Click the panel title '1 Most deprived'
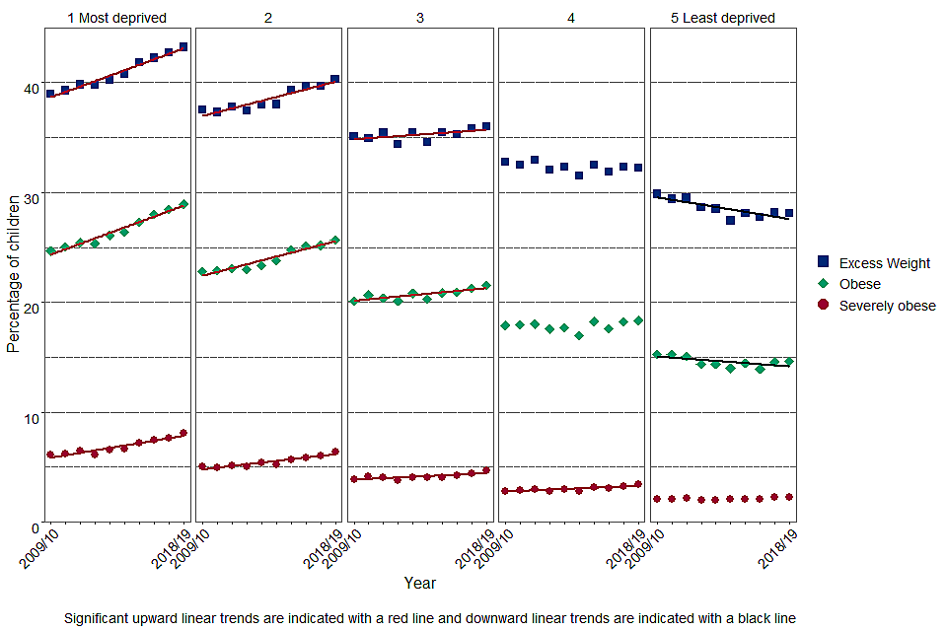[x=116, y=18]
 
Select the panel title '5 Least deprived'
[x=724, y=18]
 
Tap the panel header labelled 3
[x=419, y=18]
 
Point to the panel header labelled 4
[x=571, y=18]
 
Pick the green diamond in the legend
[x=824, y=284]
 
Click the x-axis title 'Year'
[x=419, y=583]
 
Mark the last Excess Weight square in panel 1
[x=183, y=46]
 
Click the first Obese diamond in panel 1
[x=50, y=251]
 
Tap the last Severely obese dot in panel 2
[x=335, y=452]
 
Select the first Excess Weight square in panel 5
[x=657, y=194]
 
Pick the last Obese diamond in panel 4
[x=638, y=320]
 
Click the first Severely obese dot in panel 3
[x=353, y=479]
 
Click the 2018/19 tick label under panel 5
[x=779, y=549]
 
